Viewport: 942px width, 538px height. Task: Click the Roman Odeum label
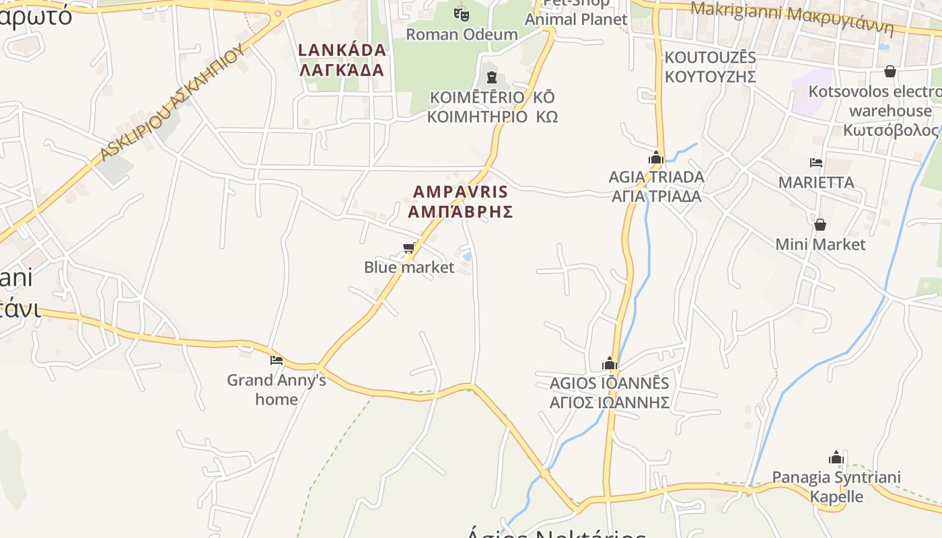(x=462, y=34)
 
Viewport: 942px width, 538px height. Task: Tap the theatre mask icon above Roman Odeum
(x=461, y=13)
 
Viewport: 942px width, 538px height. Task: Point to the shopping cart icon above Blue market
(x=408, y=249)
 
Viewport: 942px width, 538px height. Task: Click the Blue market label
(x=409, y=267)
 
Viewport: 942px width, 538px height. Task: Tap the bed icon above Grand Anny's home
(x=276, y=360)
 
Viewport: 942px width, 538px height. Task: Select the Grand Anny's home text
(x=277, y=389)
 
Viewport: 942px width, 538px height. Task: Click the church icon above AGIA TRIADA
(x=655, y=159)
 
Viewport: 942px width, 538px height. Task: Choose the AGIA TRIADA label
(x=656, y=186)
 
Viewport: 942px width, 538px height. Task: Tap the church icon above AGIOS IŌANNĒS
(x=610, y=364)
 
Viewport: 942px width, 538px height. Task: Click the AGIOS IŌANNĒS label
(x=610, y=393)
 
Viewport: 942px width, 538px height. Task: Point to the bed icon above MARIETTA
(x=816, y=163)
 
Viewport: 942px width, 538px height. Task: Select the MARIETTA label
(x=816, y=182)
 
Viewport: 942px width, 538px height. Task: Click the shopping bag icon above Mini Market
(x=820, y=225)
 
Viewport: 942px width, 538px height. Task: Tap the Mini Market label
(x=820, y=244)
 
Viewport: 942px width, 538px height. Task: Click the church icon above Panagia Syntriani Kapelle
(x=836, y=459)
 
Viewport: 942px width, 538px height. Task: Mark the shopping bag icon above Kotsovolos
(x=890, y=71)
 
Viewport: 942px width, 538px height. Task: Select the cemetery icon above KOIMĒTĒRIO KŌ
(x=491, y=77)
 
